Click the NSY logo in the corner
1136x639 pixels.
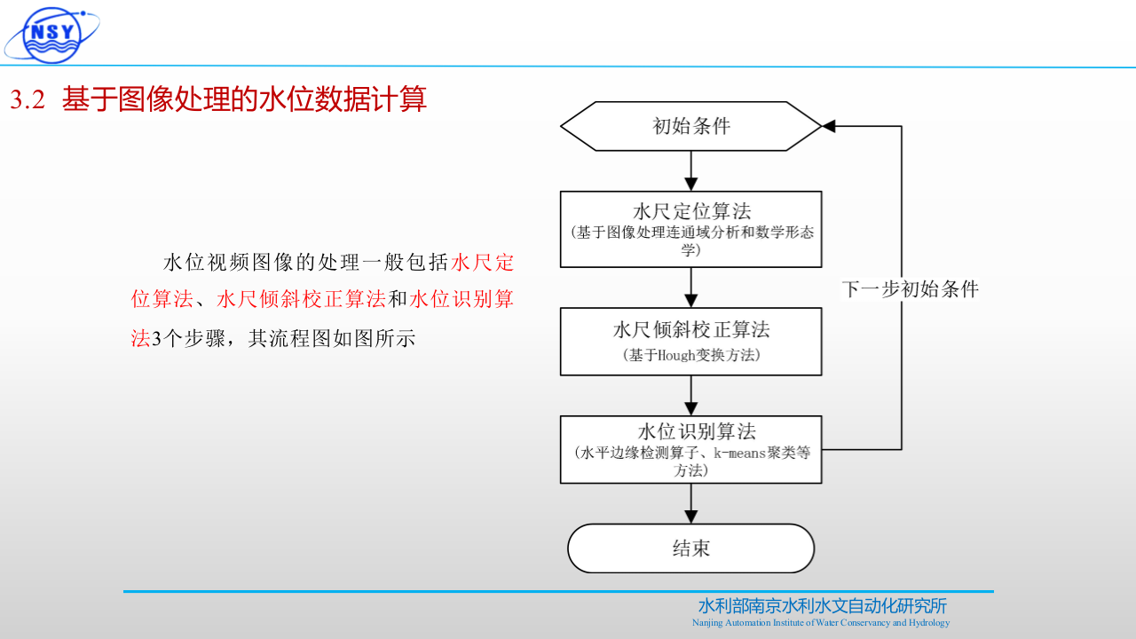coord(51,33)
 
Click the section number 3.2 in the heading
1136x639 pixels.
coord(28,100)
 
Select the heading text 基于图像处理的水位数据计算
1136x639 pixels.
coord(244,99)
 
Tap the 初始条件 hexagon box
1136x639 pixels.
coord(691,126)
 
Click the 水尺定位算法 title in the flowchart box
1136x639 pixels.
coord(691,211)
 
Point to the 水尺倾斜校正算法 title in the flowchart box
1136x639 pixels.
coord(691,330)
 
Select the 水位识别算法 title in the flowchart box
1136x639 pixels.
coord(691,432)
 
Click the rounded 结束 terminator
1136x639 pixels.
coord(691,548)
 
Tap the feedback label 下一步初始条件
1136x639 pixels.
coord(910,289)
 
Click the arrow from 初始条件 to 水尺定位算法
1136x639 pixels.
coord(691,171)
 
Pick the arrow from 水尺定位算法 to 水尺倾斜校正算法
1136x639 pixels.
coord(691,288)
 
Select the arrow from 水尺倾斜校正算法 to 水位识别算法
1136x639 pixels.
coord(691,395)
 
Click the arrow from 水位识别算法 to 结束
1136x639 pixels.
coord(691,503)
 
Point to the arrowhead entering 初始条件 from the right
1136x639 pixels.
coord(829,126)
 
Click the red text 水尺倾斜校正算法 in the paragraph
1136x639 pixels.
coord(301,300)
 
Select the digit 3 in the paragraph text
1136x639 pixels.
coord(155,339)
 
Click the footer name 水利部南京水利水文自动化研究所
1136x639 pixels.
coord(822,606)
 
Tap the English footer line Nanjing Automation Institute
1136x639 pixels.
coord(821,623)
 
